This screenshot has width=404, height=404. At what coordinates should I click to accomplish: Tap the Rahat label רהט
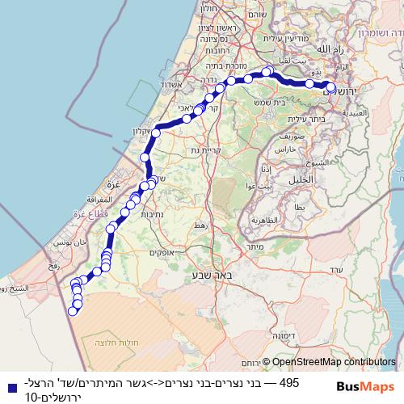pos(201,225)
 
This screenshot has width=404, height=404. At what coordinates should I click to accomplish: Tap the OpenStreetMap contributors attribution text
pos(334,364)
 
